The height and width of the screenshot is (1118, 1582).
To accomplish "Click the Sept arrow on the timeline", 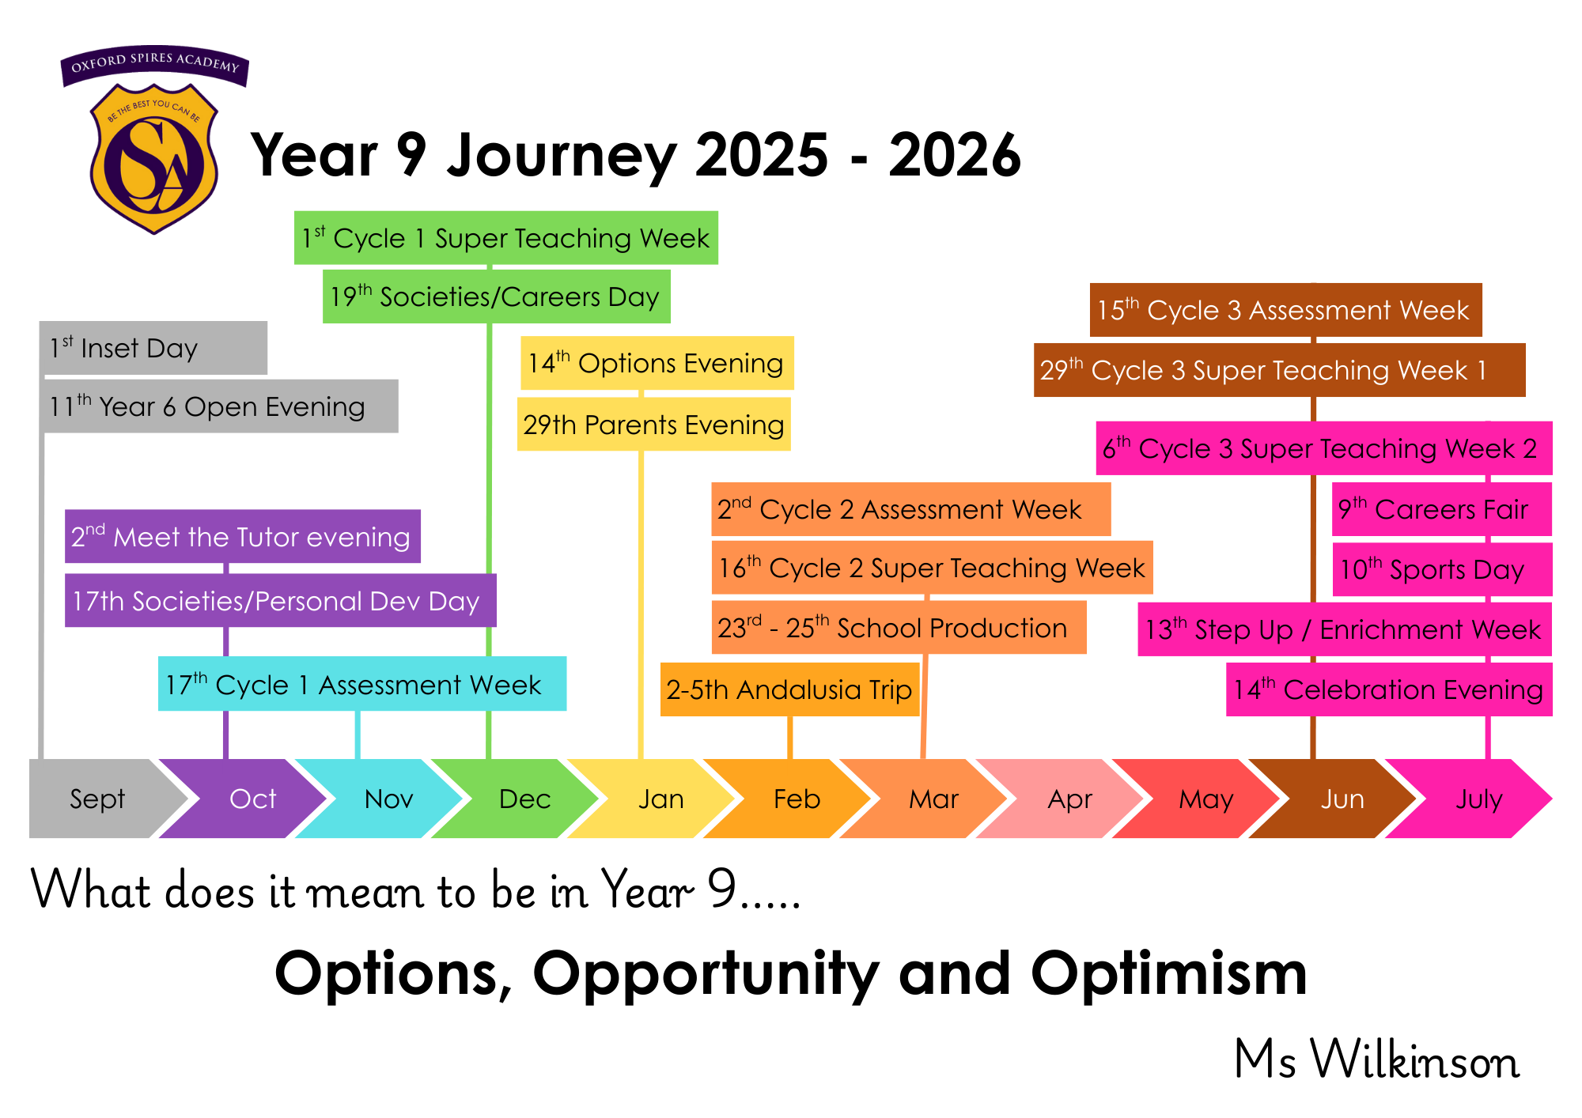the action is (99, 799).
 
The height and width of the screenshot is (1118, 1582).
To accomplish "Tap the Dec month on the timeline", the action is (518, 799).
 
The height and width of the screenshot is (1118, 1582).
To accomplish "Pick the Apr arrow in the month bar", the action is (1064, 799).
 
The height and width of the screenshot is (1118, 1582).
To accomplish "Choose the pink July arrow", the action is (1471, 799).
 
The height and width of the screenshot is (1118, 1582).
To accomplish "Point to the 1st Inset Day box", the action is (153, 348).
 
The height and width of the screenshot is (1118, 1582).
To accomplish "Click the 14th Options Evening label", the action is (657, 363).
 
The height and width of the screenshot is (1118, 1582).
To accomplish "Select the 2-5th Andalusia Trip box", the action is (789, 689).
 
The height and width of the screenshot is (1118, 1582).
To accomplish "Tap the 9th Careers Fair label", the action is (1442, 509).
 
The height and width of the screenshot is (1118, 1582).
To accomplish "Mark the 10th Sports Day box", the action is (1442, 569).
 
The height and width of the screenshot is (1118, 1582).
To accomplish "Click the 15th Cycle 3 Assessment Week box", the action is (1285, 310).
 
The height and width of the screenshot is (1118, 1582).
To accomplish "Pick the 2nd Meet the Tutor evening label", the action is (242, 537).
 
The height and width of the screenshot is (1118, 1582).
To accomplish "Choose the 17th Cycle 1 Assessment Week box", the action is (362, 684).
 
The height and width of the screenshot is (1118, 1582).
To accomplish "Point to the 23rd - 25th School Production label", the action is (899, 628).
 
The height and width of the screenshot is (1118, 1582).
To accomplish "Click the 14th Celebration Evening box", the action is (1389, 689).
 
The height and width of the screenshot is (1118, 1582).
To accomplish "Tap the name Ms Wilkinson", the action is (1376, 1059).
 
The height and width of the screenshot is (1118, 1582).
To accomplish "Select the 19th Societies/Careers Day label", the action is (497, 296).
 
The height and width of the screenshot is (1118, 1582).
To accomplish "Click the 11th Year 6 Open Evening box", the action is (219, 406).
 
